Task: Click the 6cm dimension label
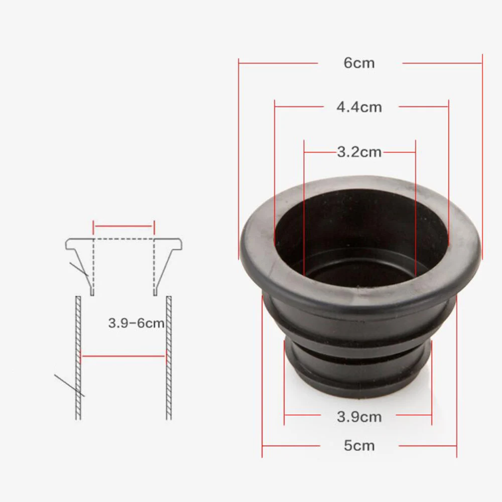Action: tap(359, 63)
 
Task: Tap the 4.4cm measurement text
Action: tap(359, 107)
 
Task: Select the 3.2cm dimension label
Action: tap(359, 152)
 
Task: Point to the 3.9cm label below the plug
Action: tap(359, 417)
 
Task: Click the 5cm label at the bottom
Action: tap(359, 446)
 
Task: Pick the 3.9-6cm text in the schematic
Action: tap(137, 323)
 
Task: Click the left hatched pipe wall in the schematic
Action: tap(78, 358)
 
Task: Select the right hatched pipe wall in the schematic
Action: tap(169, 358)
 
